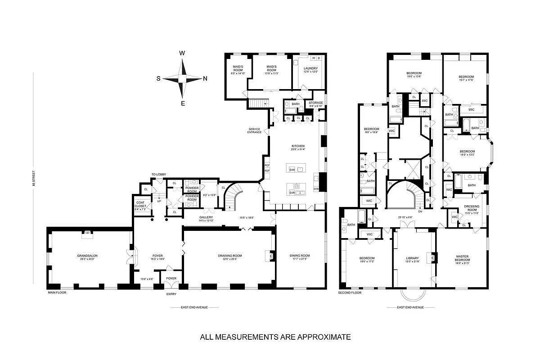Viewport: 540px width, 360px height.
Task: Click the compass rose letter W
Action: tap(182, 53)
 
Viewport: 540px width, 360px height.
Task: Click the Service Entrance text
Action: tap(254, 130)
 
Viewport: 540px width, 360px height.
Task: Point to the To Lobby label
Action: tap(158, 174)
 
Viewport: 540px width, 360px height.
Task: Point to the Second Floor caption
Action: tap(350, 292)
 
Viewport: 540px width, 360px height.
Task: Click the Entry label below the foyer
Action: tap(171, 294)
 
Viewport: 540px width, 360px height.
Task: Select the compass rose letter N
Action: tap(205, 79)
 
